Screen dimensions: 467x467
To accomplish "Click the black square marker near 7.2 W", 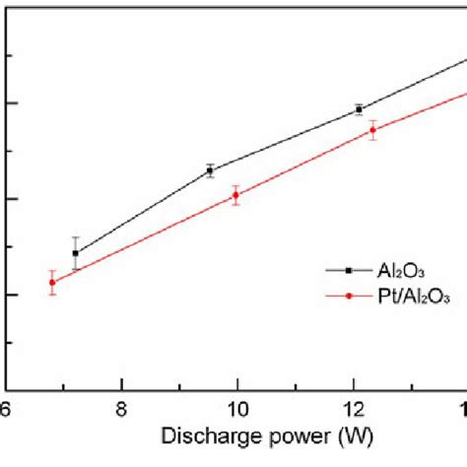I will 76,253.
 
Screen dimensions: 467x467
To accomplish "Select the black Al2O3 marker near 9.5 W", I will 210,170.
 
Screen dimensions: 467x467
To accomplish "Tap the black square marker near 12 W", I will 359,109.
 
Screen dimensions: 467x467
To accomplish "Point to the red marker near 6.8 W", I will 52,283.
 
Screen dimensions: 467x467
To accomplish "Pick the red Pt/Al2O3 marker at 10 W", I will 235,195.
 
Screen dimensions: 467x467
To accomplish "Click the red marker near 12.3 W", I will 372,129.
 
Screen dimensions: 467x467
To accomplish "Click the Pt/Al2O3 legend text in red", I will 412,297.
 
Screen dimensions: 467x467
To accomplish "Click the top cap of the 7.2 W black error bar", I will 76,237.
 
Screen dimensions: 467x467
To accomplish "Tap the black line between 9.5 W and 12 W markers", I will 284,140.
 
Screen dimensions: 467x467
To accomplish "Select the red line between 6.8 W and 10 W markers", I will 144,239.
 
